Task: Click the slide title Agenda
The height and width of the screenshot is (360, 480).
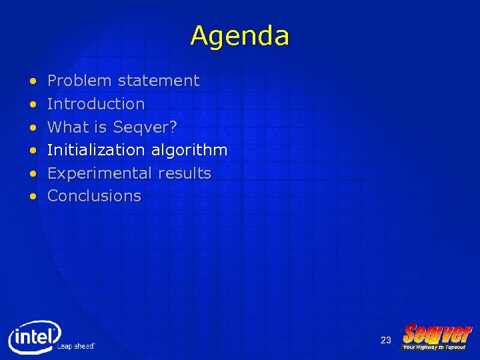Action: [239, 35]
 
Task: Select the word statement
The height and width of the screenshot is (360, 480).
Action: [159, 81]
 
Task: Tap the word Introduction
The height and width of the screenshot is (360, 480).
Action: [96, 104]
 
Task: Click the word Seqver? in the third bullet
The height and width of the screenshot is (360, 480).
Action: [145, 127]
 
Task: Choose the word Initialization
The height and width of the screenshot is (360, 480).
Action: [97, 150]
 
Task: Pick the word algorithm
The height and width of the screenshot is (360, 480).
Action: [189, 151]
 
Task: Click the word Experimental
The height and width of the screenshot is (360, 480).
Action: [100, 173]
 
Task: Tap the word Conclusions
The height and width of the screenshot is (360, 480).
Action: [95, 196]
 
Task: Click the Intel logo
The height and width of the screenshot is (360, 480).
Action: [34, 337]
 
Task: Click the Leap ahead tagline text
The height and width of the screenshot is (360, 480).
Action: [76, 346]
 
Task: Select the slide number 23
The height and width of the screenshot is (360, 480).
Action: [385, 341]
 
